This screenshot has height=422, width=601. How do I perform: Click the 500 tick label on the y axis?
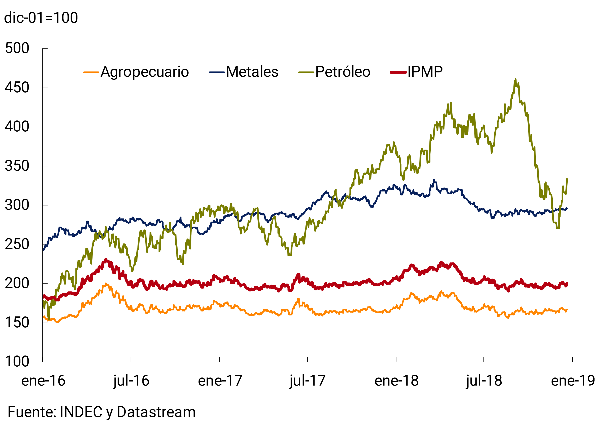tap(17, 49)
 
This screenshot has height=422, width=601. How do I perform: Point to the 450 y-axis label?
tap(17, 88)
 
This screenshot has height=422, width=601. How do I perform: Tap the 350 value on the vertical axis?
tap(17, 166)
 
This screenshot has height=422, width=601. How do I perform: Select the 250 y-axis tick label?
tap(17, 244)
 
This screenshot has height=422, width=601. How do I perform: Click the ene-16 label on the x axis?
tap(43, 381)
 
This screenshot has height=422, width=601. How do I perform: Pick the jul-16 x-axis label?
tap(131, 381)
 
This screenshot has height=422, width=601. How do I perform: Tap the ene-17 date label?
tap(220, 381)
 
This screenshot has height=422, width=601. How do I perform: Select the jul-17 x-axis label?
tap(307, 381)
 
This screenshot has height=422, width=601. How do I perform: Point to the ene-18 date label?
tap(396, 381)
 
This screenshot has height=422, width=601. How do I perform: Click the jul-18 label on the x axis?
tap(484, 381)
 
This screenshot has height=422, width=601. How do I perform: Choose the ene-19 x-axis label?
tap(573, 381)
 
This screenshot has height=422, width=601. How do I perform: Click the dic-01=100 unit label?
tap(41, 18)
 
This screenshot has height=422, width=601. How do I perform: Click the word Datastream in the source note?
tap(156, 412)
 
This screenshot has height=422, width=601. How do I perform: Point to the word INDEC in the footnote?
tap(81, 412)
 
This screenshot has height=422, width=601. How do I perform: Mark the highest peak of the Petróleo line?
tap(515, 79)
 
